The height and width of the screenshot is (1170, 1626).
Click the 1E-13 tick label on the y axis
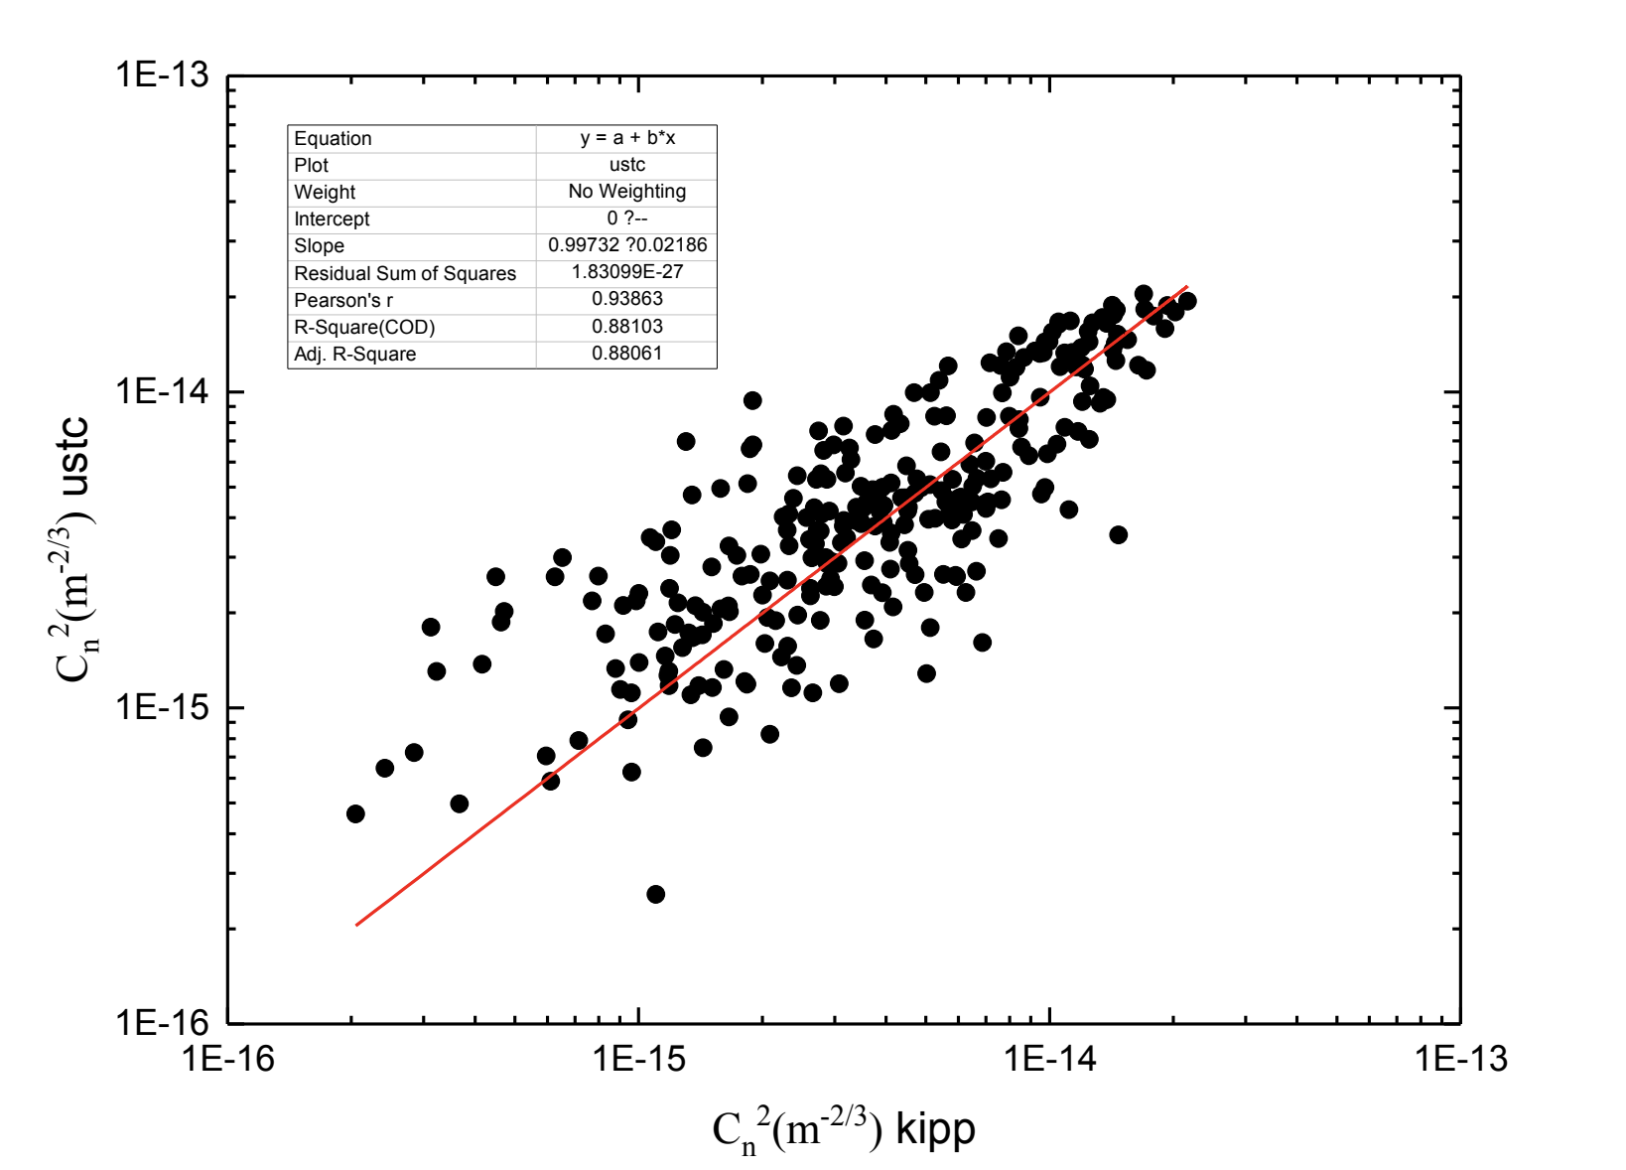[x=162, y=74]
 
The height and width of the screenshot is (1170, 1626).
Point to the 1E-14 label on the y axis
[x=162, y=391]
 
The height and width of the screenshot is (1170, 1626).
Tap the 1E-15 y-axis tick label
[x=162, y=707]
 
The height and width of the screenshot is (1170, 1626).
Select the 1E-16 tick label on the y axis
[x=162, y=1023]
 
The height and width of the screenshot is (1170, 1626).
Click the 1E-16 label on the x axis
[x=227, y=1060]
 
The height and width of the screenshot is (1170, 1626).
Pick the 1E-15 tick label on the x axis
[x=638, y=1060]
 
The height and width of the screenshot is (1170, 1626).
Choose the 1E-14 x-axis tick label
[x=1049, y=1060]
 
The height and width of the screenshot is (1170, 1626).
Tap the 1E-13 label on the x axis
[x=1460, y=1060]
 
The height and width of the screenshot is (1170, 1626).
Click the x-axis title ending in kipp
[x=844, y=1130]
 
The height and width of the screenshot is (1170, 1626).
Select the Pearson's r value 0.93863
[x=627, y=299]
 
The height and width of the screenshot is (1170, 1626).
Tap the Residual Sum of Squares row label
[x=405, y=273]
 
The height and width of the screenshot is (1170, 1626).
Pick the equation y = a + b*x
[x=627, y=138]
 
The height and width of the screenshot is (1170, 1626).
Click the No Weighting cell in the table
[x=627, y=192]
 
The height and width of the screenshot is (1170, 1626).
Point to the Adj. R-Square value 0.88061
[x=627, y=354]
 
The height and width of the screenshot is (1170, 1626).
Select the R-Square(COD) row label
[x=364, y=327]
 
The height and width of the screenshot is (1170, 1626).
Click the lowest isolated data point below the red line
[x=655, y=894]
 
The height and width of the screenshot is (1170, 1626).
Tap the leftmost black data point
[x=355, y=813]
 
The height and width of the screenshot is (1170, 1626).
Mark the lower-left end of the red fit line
[x=356, y=925]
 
